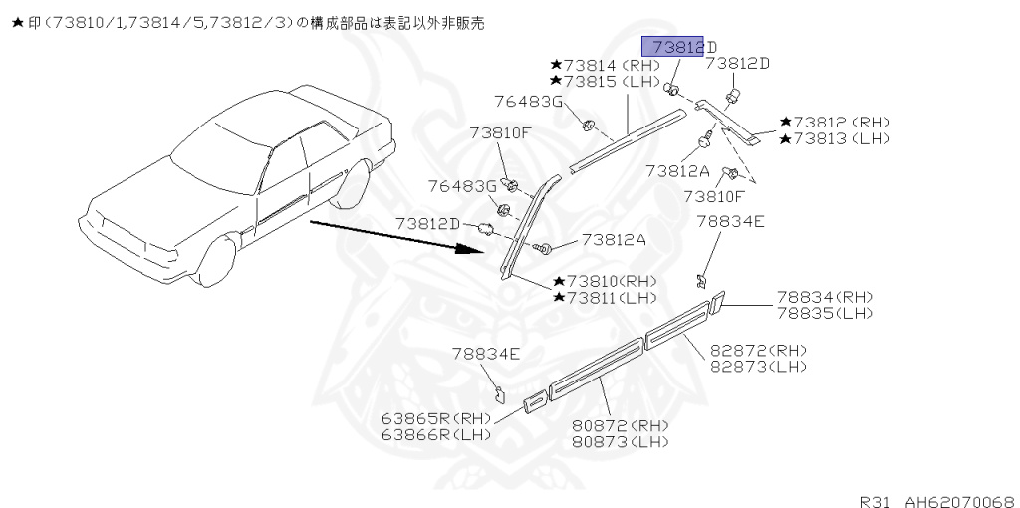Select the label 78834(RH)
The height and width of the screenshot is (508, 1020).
[824, 297]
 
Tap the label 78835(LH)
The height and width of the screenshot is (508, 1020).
[824, 313]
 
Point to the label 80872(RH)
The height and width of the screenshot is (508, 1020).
[621, 425]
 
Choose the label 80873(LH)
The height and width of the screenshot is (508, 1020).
[621, 441]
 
